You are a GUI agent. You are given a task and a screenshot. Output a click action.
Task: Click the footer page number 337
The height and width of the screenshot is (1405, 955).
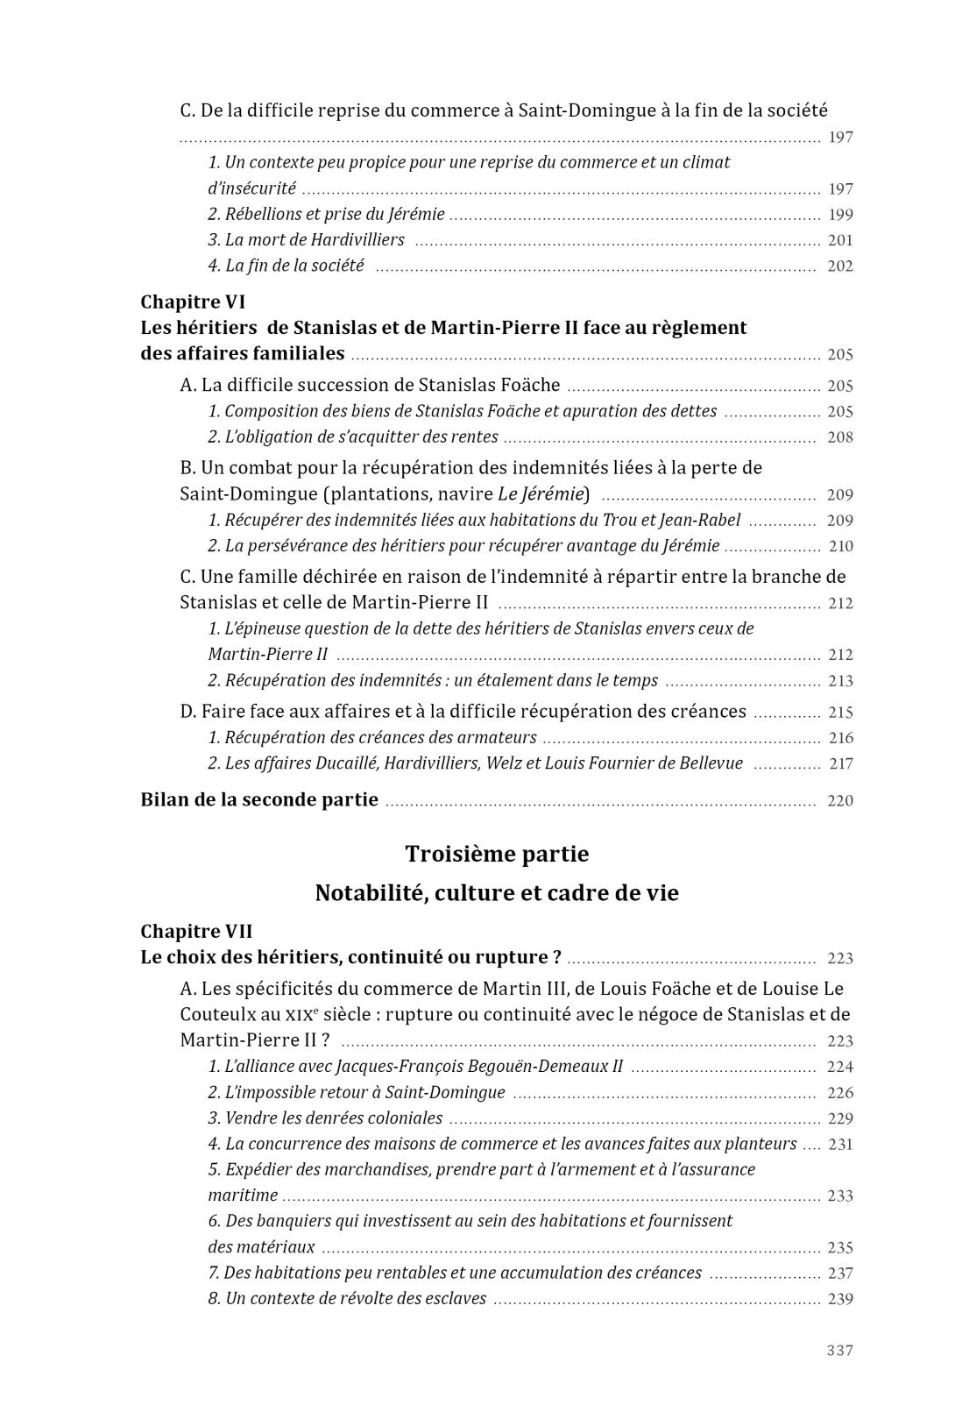click(839, 1350)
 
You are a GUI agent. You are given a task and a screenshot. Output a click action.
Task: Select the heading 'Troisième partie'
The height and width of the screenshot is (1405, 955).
click(497, 854)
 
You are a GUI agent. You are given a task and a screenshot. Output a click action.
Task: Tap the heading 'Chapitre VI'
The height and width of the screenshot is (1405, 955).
click(193, 302)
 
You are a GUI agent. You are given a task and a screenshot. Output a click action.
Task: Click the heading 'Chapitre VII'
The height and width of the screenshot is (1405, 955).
click(196, 931)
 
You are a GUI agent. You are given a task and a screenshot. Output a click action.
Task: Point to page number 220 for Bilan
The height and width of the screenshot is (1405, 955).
click(839, 800)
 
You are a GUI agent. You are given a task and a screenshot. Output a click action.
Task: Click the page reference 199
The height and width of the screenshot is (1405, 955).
click(839, 215)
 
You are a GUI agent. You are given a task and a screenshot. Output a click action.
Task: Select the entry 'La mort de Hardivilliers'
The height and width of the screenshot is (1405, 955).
click(315, 240)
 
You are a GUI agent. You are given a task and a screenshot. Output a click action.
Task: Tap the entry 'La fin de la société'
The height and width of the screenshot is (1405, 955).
click(294, 266)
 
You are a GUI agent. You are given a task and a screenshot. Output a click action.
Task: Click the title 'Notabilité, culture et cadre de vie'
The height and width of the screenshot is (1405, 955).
click(497, 893)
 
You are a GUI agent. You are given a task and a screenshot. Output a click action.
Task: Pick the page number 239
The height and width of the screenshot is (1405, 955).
click(839, 1299)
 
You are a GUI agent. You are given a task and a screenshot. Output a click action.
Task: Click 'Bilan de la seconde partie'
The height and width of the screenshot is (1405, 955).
click(259, 799)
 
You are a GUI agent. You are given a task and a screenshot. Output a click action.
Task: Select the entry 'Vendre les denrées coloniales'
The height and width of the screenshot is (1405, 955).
click(334, 1118)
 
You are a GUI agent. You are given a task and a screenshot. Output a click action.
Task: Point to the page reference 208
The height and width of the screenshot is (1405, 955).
click(839, 437)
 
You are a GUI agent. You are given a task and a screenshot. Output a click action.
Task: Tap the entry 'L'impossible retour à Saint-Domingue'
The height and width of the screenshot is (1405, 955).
click(365, 1092)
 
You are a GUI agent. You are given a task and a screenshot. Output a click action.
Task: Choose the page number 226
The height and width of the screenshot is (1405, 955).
click(839, 1093)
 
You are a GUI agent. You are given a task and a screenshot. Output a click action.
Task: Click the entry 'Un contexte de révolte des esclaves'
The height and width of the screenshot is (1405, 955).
click(356, 1298)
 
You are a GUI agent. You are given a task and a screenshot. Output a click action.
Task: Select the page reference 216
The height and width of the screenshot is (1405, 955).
click(839, 738)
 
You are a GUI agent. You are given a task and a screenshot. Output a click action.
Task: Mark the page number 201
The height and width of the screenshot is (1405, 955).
click(839, 240)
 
